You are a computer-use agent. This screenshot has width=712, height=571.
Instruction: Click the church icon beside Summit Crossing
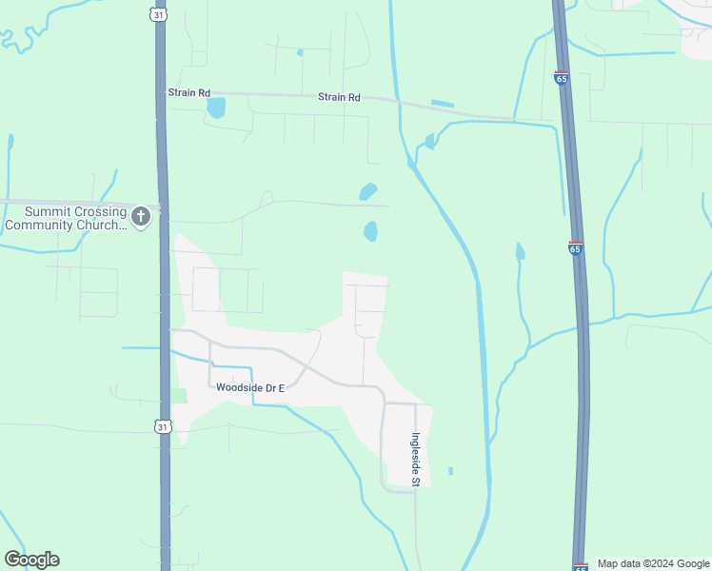(x=141, y=217)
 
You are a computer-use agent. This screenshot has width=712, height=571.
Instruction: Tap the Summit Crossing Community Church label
(x=65, y=219)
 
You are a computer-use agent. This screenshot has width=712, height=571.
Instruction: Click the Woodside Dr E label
(x=250, y=387)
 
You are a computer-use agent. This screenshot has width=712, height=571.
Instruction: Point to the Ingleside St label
(x=415, y=460)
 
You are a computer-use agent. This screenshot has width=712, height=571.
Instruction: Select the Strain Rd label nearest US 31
(x=188, y=92)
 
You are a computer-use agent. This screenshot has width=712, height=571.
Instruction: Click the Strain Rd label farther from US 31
(x=340, y=97)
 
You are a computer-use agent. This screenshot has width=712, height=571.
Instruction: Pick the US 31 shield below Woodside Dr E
(x=164, y=427)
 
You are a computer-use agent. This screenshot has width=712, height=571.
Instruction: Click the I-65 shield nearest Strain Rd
(x=562, y=78)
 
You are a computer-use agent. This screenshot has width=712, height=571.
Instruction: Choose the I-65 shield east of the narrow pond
(x=575, y=248)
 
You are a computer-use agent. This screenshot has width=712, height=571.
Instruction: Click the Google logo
(x=31, y=560)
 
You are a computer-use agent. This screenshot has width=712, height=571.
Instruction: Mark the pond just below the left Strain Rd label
(x=216, y=108)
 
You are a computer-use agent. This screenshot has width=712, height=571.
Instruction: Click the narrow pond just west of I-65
(x=520, y=251)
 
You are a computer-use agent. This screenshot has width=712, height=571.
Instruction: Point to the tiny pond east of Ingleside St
(x=450, y=470)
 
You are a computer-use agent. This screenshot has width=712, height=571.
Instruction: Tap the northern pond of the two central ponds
(x=368, y=191)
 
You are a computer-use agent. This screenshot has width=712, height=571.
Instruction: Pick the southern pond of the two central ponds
(x=370, y=231)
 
